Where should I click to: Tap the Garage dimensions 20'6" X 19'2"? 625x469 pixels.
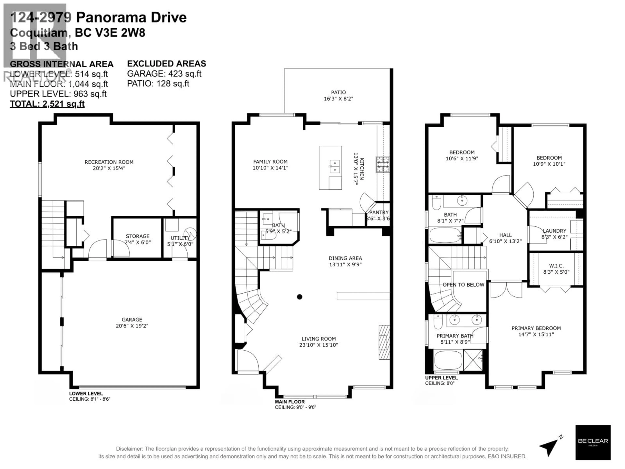(x=132, y=326)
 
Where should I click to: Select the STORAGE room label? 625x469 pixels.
(x=138, y=236)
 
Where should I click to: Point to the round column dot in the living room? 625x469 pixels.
(x=299, y=297)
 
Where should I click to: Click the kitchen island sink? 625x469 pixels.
(x=334, y=166)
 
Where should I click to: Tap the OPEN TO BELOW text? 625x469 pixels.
(x=463, y=285)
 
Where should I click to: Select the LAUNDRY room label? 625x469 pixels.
(x=554, y=231)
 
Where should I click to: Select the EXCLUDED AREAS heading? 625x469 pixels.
(x=166, y=64)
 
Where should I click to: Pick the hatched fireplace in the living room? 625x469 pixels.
(x=384, y=342)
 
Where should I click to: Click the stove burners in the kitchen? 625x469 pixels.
(x=383, y=164)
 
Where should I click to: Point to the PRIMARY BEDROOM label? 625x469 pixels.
(x=536, y=328)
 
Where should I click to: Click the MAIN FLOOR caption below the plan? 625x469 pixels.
(x=290, y=402)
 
